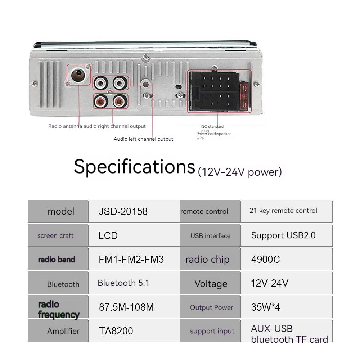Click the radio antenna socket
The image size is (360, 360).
pyautogui.click(x=78, y=75)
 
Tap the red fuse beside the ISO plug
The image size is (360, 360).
pyautogui.click(x=244, y=96)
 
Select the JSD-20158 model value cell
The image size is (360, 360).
pyautogui.click(x=134, y=211)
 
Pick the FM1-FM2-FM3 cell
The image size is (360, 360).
pyautogui.click(x=134, y=259)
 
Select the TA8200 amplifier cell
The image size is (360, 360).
pyautogui.click(x=134, y=331)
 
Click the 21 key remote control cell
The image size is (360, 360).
pyautogui.click(x=287, y=211)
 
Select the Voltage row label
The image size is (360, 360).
pyautogui.click(x=211, y=284)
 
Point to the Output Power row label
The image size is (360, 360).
pyautogui.click(x=211, y=307)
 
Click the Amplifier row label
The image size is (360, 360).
pyautogui.click(x=63, y=331)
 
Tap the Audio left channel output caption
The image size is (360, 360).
pyautogui.click(x=143, y=139)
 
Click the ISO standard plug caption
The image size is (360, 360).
pyautogui.click(x=212, y=129)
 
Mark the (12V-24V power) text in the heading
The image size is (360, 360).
pyautogui.click(x=240, y=172)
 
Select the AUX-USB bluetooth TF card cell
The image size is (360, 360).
pyautogui.click(x=287, y=331)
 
